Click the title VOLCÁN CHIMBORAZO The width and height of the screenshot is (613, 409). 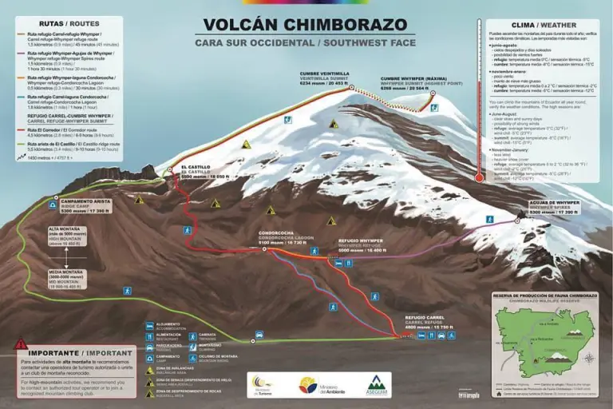point(306,25)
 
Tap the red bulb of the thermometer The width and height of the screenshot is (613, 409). point(478,177)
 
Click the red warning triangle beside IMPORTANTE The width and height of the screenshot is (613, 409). point(20,345)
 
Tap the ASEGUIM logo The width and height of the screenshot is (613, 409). point(376,384)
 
